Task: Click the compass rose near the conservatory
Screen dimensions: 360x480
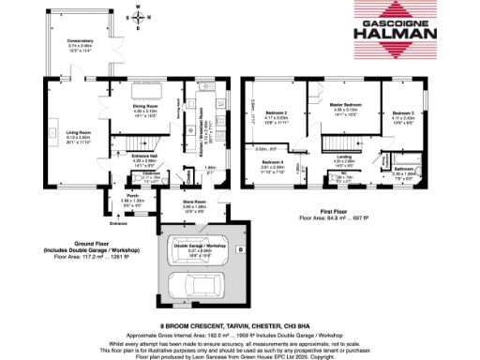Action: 139,17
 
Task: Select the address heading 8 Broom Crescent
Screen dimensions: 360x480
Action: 240,323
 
